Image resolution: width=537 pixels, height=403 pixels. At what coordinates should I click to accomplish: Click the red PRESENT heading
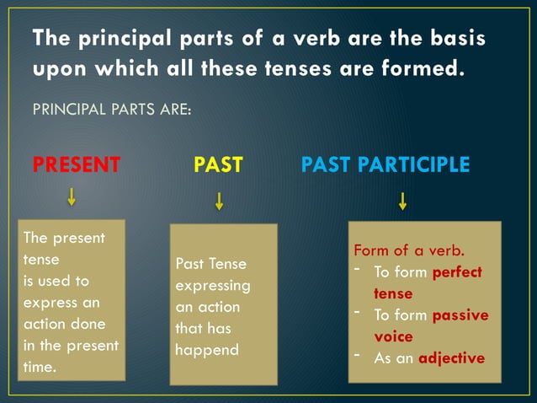(x=76, y=164)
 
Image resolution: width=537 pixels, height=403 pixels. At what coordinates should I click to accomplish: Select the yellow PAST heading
(x=218, y=164)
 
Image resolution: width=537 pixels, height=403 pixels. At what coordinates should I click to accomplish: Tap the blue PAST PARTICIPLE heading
(x=385, y=164)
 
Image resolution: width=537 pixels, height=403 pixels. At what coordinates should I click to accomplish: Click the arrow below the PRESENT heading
(x=72, y=197)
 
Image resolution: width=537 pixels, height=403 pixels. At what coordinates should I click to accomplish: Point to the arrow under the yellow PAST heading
(x=219, y=201)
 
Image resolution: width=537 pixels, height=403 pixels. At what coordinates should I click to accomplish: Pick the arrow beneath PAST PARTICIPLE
(x=402, y=201)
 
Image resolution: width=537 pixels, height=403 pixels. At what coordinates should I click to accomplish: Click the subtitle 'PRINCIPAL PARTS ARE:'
(x=111, y=110)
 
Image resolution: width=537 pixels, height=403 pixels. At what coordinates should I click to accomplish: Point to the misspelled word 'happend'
(x=207, y=349)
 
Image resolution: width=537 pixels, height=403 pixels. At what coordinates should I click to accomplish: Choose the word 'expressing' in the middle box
(x=213, y=286)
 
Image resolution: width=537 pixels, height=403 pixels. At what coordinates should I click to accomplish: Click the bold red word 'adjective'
(x=452, y=357)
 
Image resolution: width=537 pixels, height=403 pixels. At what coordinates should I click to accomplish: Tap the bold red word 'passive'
(x=460, y=315)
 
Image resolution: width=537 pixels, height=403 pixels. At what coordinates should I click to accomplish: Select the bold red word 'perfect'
(x=457, y=272)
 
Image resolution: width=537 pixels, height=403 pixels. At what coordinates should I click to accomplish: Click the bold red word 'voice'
(x=393, y=336)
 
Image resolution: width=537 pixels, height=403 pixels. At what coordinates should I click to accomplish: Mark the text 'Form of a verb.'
(x=409, y=250)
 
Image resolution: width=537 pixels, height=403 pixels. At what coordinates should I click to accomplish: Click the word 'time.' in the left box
(x=40, y=368)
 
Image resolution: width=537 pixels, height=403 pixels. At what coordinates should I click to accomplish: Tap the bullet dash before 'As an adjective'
(x=358, y=354)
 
